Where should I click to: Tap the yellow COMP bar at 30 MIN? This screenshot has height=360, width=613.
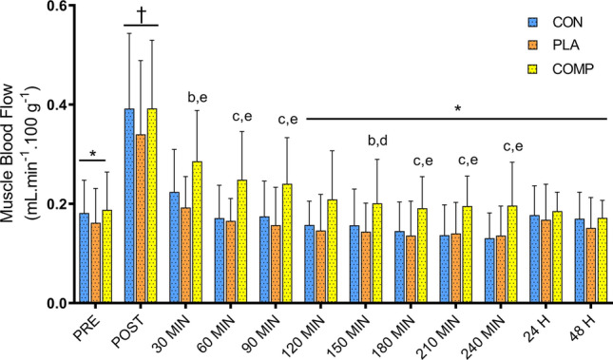(197, 232)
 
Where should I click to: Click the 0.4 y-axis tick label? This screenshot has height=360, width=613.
(54, 105)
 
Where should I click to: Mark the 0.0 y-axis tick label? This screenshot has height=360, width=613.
(54, 303)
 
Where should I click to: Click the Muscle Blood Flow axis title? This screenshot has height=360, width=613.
(20, 152)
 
